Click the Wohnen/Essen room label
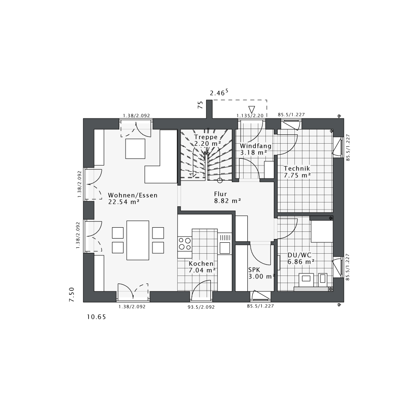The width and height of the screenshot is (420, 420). pos(132,198)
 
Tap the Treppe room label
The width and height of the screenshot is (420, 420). pos(206,140)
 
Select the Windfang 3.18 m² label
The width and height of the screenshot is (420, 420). pos(255,149)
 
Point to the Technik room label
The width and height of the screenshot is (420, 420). pos(297,172)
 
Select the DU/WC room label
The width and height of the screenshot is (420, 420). pos(301,258)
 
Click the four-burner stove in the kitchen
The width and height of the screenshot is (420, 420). pos(185,244)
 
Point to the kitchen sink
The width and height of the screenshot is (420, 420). pos(225,248)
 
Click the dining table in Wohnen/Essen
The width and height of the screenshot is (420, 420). pos(138,240)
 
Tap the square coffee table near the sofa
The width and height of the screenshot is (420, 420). pos(135,149)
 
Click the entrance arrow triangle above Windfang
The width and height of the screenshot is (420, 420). pos(252,110)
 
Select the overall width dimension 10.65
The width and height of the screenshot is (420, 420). pos(96,318)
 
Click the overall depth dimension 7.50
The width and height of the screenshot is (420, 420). pos(72,294)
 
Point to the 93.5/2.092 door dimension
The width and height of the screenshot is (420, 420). pos(201,307)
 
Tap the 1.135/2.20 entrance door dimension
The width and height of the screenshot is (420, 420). pos(249,115)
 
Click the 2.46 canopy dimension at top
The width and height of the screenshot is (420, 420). pos(219,93)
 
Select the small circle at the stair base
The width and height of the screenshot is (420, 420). pos(220,181)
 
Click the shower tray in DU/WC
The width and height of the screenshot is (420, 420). pos(322,231)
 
